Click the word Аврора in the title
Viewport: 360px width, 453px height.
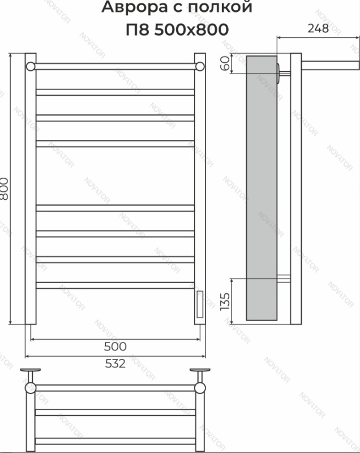(x=135, y=7)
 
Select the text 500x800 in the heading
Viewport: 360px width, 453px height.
(x=191, y=29)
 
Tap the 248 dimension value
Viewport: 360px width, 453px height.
(x=318, y=28)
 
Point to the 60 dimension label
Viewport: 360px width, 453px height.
(x=225, y=63)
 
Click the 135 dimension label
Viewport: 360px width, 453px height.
(x=225, y=302)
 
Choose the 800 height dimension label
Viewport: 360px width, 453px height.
(x=4, y=189)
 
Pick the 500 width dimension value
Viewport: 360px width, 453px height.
(x=115, y=347)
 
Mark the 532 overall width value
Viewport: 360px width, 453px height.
(x=115, y=364)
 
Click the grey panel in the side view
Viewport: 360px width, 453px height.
(x=262, y=188)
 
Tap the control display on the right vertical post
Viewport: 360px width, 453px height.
(x=199, y=304)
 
